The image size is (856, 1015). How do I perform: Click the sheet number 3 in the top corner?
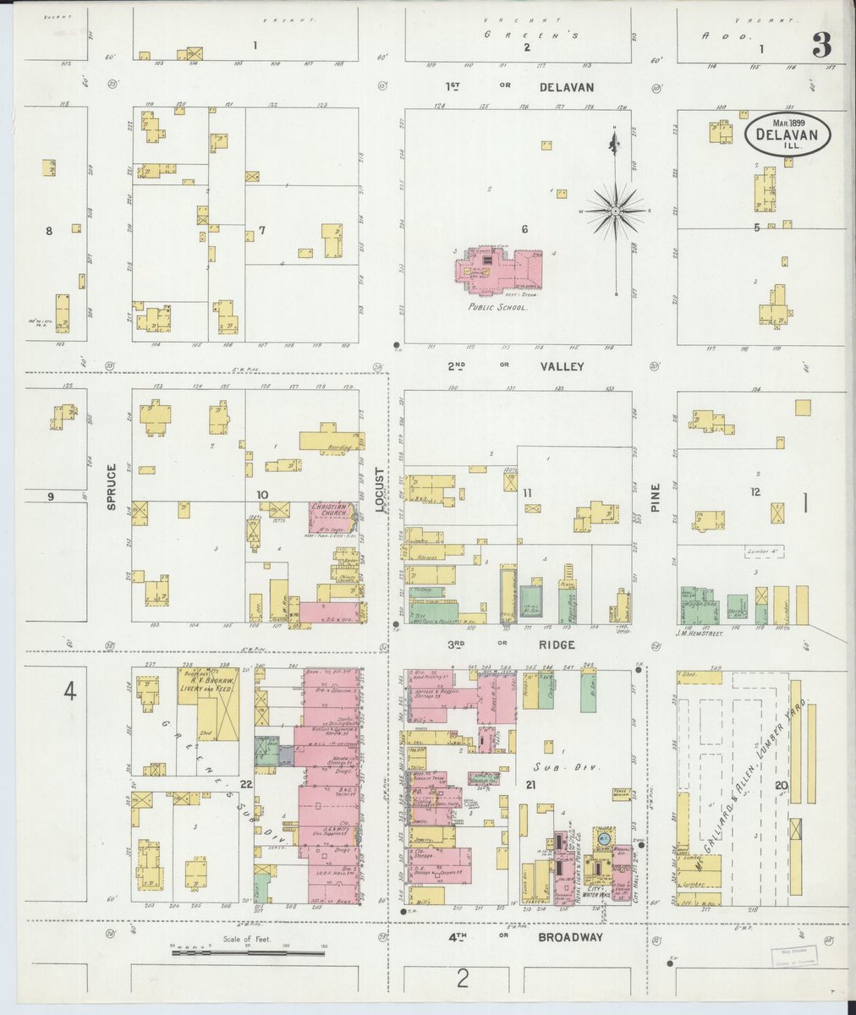coord(821,45)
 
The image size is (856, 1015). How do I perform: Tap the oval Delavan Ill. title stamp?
coord(787,134)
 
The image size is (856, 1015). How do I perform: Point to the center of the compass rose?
coord(616,209)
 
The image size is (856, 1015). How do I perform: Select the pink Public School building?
coord(499,270)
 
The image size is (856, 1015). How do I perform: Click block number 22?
coord(245,785)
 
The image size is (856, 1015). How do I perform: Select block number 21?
coord(530,786)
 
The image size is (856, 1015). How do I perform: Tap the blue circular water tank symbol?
coord(604,838)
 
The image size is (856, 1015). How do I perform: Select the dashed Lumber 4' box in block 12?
coord(764,551)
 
